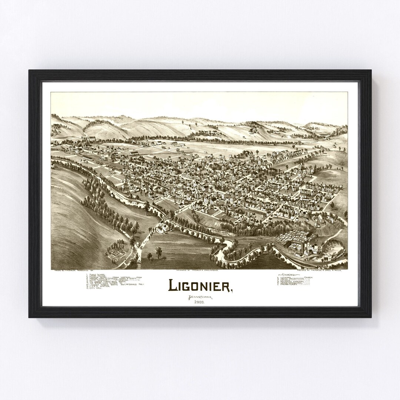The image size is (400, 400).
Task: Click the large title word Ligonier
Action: click(x=200, y=285)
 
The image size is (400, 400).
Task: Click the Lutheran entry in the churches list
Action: click(x=289, y=278)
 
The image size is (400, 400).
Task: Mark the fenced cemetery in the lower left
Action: click(x=115, y=253)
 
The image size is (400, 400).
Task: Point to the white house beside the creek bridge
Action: click(x=161, y=229)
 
